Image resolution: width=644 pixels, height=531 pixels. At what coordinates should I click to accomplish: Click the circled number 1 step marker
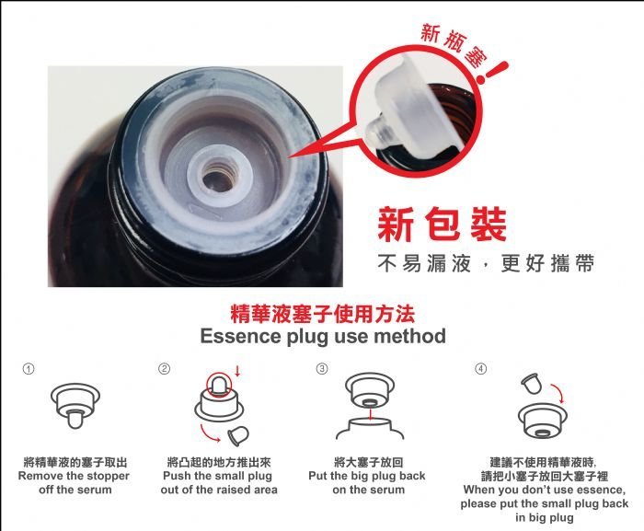29,369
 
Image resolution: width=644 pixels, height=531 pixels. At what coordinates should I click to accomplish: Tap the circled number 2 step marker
164,369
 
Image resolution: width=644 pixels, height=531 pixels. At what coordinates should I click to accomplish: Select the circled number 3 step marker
322,369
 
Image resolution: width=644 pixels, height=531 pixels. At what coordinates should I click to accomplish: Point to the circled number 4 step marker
481,369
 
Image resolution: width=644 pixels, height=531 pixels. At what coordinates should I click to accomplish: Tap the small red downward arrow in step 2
237,371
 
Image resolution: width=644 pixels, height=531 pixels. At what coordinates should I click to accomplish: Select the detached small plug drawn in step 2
238,435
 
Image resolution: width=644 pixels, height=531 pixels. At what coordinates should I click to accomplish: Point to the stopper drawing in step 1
75,405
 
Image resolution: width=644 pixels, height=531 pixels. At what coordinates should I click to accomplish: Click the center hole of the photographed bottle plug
219,179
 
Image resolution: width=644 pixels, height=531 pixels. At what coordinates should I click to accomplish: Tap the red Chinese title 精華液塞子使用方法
323,314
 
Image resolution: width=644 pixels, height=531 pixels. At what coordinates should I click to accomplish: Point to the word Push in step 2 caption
177,476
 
